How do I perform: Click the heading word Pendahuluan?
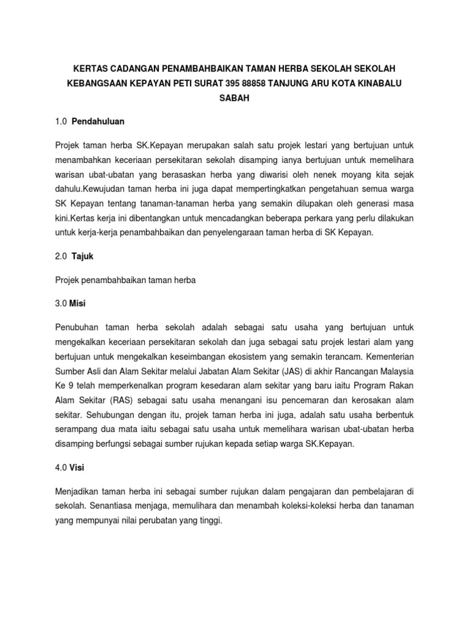[x=98, y=121]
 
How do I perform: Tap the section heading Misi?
[x=78, y=301]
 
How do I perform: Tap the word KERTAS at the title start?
[x=91, y=65]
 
